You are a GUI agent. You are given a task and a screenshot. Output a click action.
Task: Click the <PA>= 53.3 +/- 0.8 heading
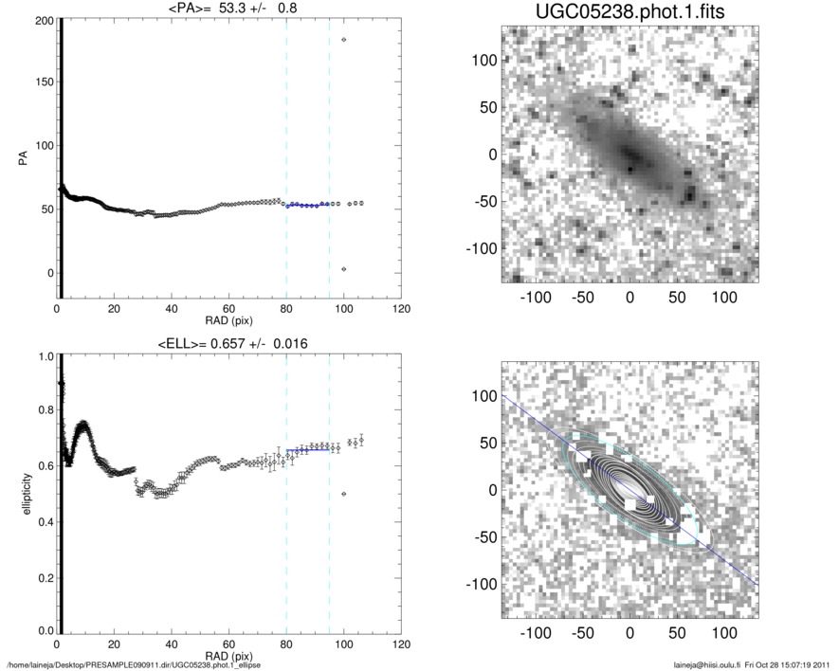[229, 9]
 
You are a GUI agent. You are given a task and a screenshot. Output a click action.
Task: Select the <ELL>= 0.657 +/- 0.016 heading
[229, 343]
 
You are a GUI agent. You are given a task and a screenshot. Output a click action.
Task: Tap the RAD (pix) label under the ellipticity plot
[229, 655]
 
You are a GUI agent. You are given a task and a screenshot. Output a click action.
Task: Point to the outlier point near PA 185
[343, 40]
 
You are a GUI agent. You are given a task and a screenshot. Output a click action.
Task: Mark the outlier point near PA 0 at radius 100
[343, 270]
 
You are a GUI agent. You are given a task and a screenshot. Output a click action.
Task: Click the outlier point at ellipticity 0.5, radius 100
[343, 494]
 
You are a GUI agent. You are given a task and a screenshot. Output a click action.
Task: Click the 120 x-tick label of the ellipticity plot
[401, 644]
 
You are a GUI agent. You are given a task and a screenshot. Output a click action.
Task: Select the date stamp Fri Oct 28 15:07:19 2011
[782, 664]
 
